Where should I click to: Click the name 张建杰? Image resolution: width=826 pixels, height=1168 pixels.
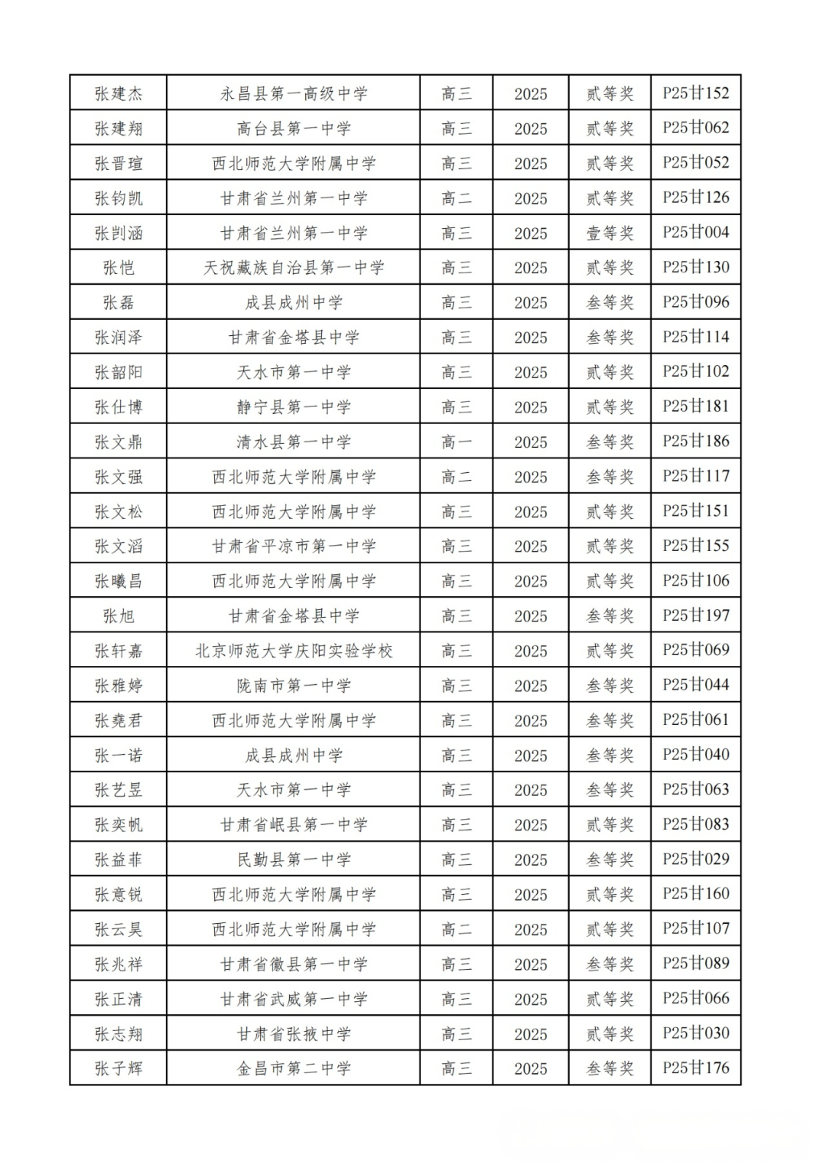point(119,93)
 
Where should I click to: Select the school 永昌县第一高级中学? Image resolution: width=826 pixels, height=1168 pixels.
point(294,93)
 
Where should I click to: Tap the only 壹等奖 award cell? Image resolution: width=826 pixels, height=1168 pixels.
point(610,233)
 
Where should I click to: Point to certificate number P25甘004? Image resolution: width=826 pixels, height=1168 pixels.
point(695,233)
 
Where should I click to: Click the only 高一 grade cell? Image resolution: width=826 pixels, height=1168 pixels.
point(456,442)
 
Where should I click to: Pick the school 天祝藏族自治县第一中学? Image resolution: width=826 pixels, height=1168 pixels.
point(294,268)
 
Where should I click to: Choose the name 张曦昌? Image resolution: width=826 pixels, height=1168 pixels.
point(119,581)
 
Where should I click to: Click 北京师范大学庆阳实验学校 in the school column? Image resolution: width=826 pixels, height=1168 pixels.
point(294,651)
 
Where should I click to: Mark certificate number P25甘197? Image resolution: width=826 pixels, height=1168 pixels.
point(695,615)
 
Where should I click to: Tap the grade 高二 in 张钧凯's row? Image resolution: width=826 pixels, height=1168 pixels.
point(456,198)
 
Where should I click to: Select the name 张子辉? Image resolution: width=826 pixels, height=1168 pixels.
point(119,1068)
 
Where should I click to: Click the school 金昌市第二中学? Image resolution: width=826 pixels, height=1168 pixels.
point(294,1068)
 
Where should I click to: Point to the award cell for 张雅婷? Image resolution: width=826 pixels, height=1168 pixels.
point(610,686)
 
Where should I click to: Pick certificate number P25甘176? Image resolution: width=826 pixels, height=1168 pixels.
point(695,1068)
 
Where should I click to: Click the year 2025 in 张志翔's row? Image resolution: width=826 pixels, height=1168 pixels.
point(530,1034)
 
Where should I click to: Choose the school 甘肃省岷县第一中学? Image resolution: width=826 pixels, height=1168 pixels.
point(294,825)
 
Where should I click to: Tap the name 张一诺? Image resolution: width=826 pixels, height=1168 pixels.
point(119,755)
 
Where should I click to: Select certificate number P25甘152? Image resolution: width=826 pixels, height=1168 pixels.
point(695,93)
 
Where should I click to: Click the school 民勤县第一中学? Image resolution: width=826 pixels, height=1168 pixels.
point(294,860)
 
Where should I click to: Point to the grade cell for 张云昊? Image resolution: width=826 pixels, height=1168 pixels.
point(456,929)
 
